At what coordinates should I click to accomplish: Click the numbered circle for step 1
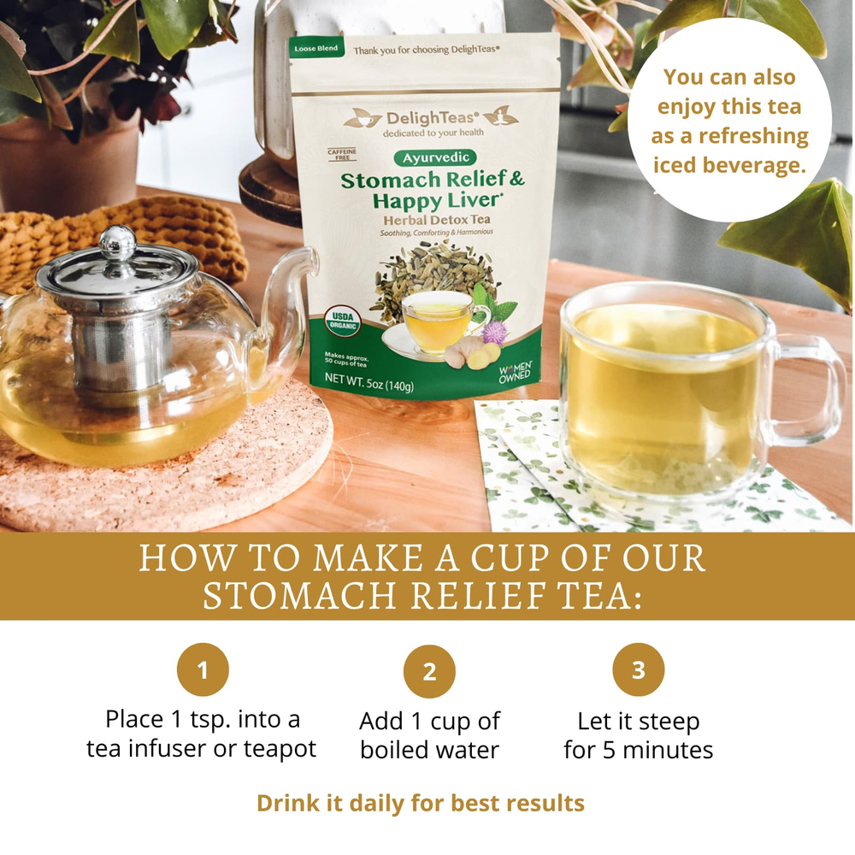203,671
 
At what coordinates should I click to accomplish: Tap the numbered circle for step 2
429,671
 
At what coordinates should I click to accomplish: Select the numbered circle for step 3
639,670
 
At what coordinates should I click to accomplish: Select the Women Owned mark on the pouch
516,371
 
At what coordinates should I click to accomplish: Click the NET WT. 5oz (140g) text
369,386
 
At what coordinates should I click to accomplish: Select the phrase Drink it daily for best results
421,804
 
